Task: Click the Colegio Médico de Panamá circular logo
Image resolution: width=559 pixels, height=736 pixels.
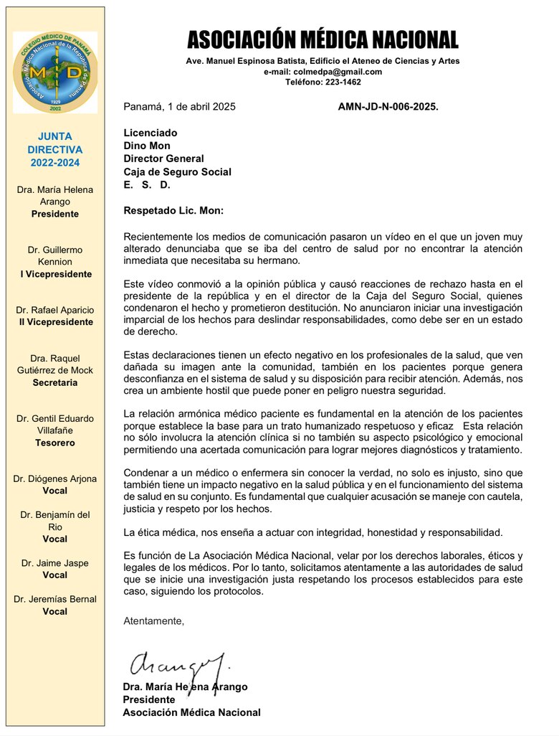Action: tap(55, 72)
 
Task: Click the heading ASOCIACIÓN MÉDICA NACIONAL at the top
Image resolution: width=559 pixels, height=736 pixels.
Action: tap(322, 39)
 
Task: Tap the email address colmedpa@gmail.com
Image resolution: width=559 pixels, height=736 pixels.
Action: tap(322, 72)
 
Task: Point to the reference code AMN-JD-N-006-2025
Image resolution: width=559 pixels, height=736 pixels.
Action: tap(388, 107)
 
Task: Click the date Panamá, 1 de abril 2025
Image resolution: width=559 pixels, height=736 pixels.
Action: tap(179, 107)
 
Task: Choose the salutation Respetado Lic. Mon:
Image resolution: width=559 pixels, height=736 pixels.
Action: tap(173, 211)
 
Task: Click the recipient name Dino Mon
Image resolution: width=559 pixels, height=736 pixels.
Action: tap(147, 146)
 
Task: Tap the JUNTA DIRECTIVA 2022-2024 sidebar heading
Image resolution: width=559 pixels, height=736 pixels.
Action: tap(55, 149)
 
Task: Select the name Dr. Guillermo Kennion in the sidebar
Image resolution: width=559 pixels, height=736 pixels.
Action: tap(55, 256)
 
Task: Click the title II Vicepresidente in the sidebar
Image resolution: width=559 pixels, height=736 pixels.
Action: tap(55, 322)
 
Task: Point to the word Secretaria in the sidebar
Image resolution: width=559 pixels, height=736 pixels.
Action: tap(55, 382)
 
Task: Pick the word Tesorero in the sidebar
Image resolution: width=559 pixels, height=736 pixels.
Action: tap(55, 443)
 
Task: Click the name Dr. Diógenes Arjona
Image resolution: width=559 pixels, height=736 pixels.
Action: tap(55, 478)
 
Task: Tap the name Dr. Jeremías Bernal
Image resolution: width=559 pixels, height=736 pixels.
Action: tap(55, 599)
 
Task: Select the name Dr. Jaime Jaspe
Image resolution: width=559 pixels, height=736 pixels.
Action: tap(55, 563)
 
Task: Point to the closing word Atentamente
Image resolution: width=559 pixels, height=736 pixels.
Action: tap(153, 621)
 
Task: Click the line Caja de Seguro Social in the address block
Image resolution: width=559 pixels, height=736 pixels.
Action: tap(177, 171)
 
